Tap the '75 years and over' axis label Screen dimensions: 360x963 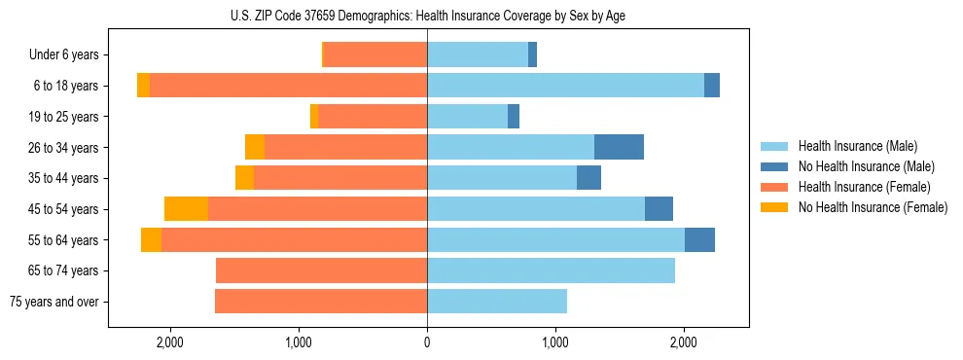pyautogui.click(x=54, y=302)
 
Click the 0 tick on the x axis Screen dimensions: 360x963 pyautogui.click(x=427, y=342)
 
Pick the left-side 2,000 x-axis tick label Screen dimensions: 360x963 pyautogui.click(x=170, y=342)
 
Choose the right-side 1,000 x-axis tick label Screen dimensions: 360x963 pyautogui.click(x=555, y=342)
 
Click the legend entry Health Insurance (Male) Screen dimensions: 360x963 pyautogui.click(x=857, y=146)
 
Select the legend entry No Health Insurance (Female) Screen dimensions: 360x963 pyautogui.click(x=873, y=207)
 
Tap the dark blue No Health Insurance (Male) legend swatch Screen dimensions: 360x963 pyautogui.click(x=775, y=166)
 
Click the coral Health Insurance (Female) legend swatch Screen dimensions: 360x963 pyautogui.click(x=775, y=187)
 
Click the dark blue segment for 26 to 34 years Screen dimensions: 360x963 pyautogui.click(x=619, y=147)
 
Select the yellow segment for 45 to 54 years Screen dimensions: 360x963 pyautogui.click(x=186, y=209)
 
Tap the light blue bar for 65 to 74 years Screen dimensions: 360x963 pyautogui.click(x=551, y=270)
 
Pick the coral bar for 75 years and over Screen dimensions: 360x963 pyautogui.click(x=321, y=302)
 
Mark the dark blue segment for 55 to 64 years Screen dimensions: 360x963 pyautogui.click(x=699, y=239)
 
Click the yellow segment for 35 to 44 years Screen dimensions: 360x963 pyautogui.click(x=244, y=178)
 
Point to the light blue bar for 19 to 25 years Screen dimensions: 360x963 pyautogui.click(x=467, y=117)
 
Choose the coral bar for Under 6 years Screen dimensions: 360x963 pyautogui.click(x=374, y=54)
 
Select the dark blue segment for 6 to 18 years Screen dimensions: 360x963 pyautogui.click(x=712, y=86)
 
